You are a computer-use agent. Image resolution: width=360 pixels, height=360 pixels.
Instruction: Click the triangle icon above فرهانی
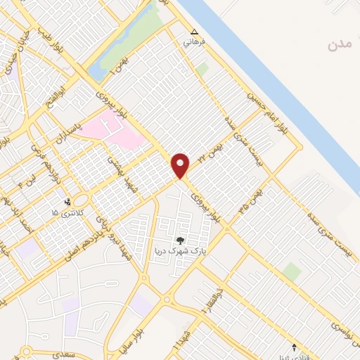point(195,32)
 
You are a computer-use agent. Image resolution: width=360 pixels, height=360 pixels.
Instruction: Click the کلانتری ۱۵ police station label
point(68,212)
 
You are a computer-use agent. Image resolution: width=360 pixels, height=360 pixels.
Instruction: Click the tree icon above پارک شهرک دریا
point(184,240)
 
